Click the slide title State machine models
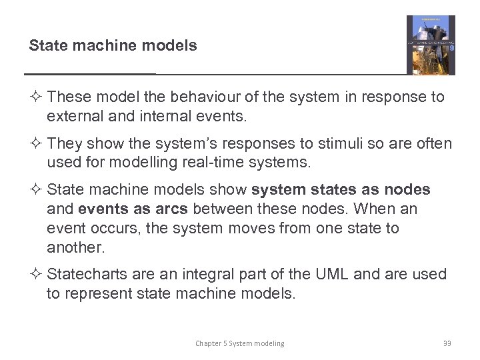point(113,46)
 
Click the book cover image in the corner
point(431,45)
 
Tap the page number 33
point(447,343)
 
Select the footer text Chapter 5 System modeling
point(239,343)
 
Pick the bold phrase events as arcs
point(133,209)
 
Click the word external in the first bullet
point(72,116)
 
